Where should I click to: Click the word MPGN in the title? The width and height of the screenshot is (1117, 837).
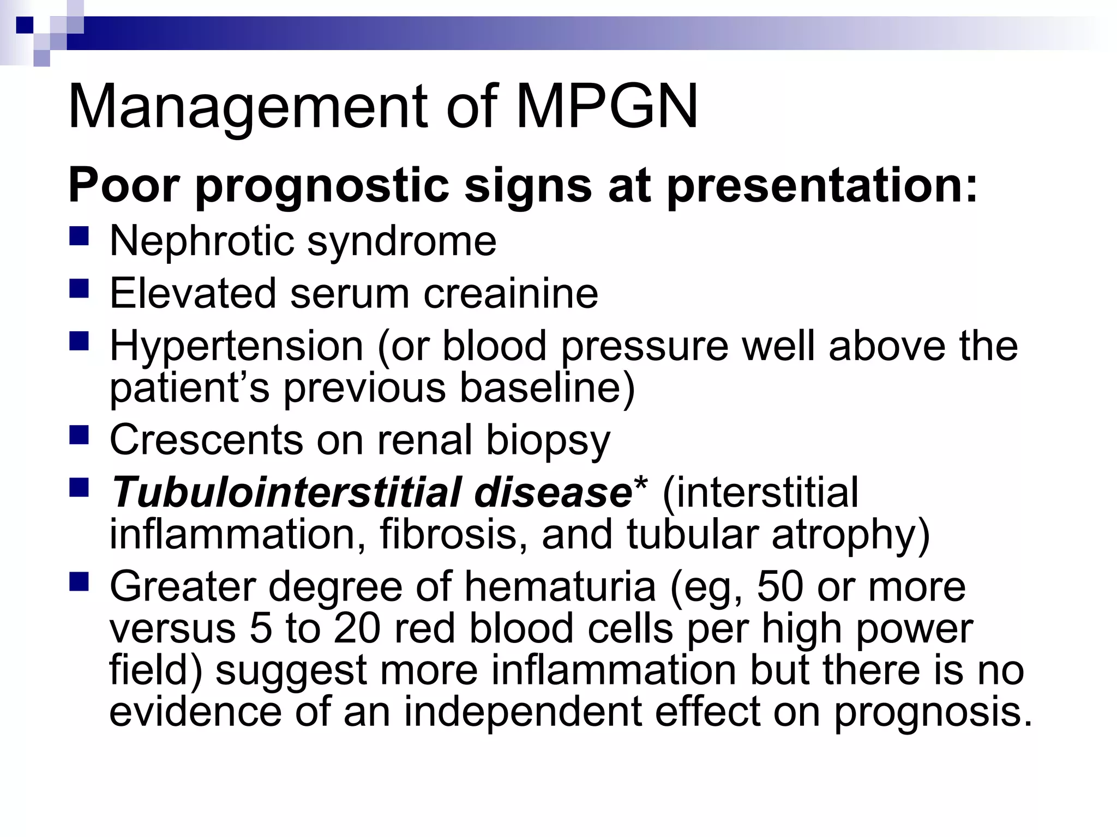point(606,107)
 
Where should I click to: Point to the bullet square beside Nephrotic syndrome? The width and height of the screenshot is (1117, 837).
point(79,237)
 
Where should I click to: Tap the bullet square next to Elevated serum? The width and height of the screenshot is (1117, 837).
point(79,289)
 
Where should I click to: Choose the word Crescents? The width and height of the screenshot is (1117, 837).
point(206,440)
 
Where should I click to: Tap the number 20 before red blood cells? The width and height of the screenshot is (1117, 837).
point(357,628)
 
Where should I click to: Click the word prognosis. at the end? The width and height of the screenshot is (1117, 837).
point(934,712)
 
